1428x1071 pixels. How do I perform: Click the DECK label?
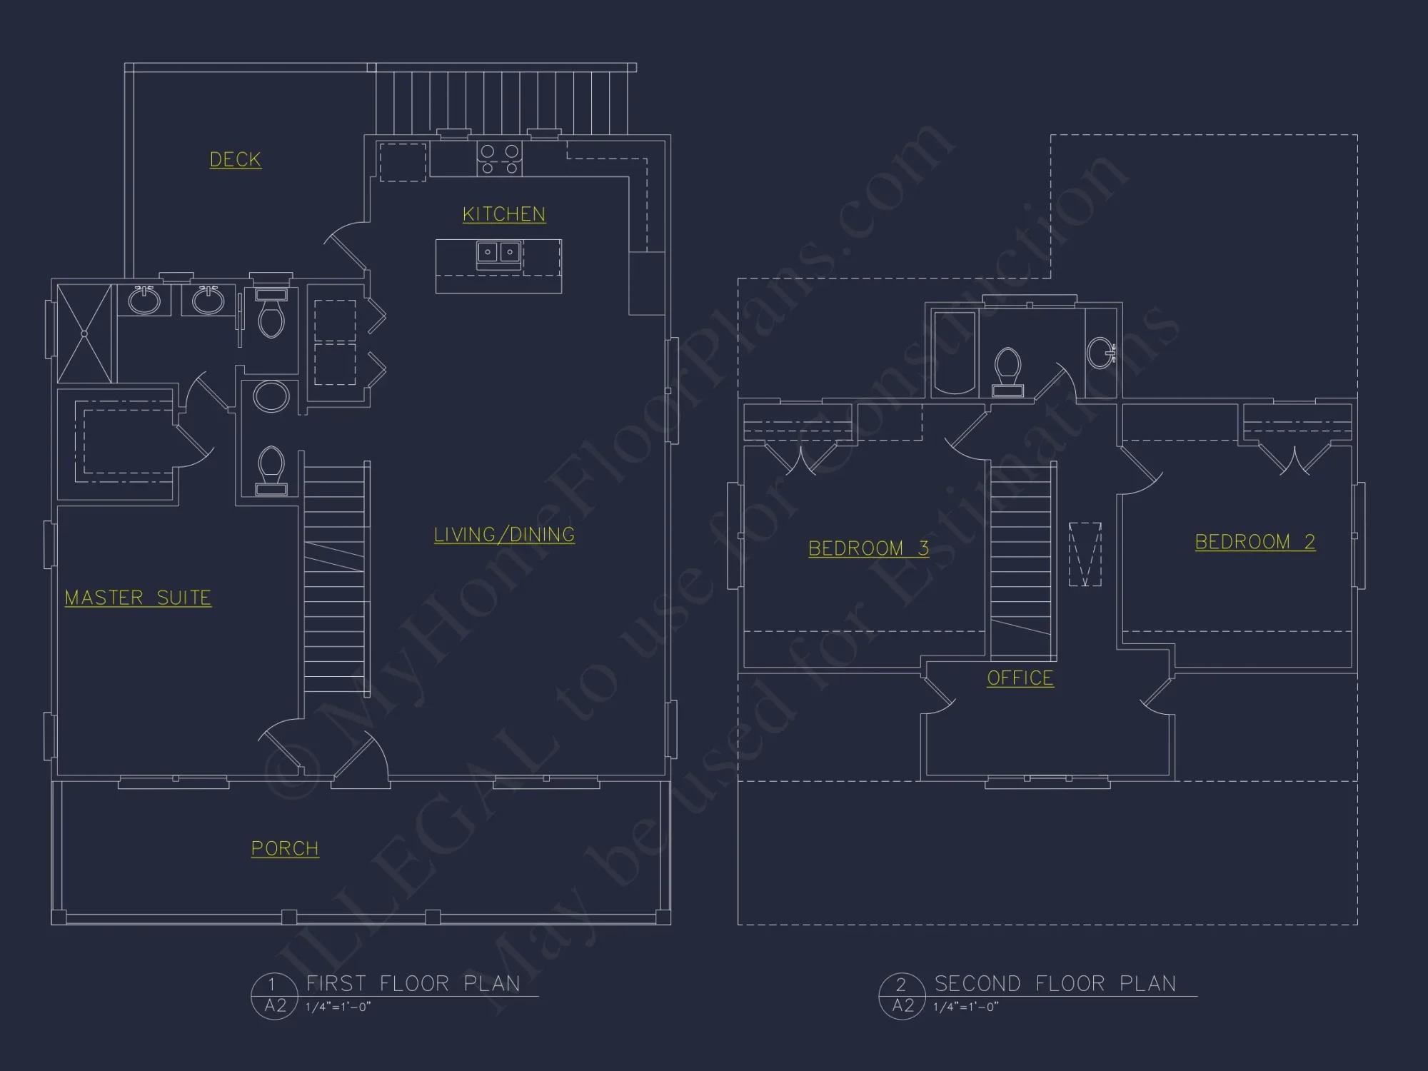235,159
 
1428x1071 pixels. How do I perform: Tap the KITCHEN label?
503,213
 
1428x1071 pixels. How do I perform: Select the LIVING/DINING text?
504,534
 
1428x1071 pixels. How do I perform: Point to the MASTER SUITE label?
138,597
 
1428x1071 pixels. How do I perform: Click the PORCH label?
285,848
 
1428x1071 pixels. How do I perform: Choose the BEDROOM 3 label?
868,548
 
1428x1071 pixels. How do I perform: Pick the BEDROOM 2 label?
1254,541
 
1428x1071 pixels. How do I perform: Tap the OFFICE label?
1020,678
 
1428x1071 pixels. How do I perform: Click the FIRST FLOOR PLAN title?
413,983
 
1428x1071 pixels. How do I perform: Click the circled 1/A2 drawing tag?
274,995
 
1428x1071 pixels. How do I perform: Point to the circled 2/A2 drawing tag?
902,995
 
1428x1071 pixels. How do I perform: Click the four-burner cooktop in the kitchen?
499,159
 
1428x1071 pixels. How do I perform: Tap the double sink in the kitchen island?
498,252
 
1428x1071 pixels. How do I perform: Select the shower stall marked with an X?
84,333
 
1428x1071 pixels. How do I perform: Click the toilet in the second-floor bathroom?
1007,370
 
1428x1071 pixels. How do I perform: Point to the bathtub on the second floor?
954,352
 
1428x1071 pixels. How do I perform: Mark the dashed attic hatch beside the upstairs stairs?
1085,554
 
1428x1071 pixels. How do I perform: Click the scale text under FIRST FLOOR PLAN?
338,1007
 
